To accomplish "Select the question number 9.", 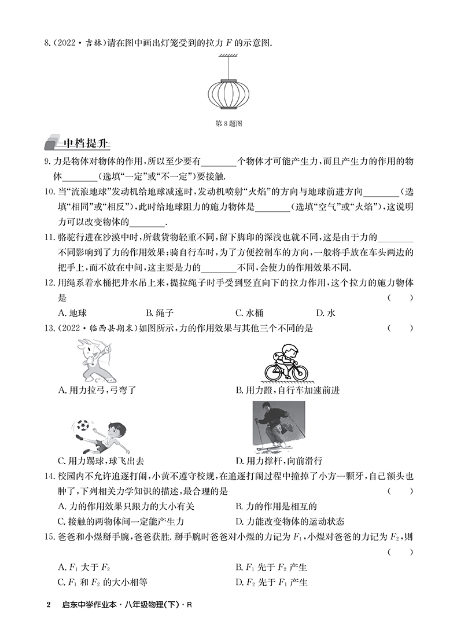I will click(x=47, y=163).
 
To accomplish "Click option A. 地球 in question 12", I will click(x=72, y=312).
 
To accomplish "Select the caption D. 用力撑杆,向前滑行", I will click(x=279, y=461).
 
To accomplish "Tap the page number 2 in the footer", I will click(x=48, y=606).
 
